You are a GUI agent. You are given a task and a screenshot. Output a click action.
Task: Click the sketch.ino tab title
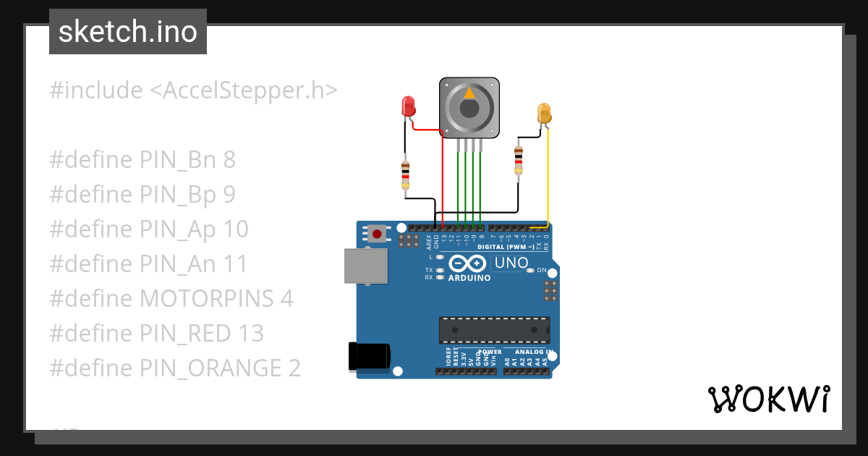pyautogui.click(x=128, y=32)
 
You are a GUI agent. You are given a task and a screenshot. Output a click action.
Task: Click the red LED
pyautogui.click(x=409, y=107)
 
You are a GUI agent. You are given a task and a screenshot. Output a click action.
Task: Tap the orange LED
pyautogui.click(x=544, y=113)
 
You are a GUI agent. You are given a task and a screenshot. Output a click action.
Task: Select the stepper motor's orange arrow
pyautogui.click(x=469, y=93)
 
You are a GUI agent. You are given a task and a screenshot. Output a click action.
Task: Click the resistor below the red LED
pyautogui.click(x=406, y=176)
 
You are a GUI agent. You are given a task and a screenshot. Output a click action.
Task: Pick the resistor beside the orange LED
pyautogui.click(x=518, y=160)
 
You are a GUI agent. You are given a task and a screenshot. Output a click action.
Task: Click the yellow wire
pyautogui.click(x=548, y=181)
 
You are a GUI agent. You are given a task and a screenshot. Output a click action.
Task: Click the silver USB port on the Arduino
pyautogui.click(x=365, y=266)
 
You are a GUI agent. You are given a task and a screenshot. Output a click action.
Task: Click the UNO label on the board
pyautogui.click(x=511, y=263)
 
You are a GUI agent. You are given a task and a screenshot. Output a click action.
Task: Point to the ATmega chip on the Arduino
pyautogui.click(x=494, y=329)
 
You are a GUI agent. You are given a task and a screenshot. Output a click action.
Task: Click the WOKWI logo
pyautogui.click(x=769, y=399)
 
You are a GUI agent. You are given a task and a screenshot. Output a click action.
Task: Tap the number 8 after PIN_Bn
pyautogui.click(x=229, y=159)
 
